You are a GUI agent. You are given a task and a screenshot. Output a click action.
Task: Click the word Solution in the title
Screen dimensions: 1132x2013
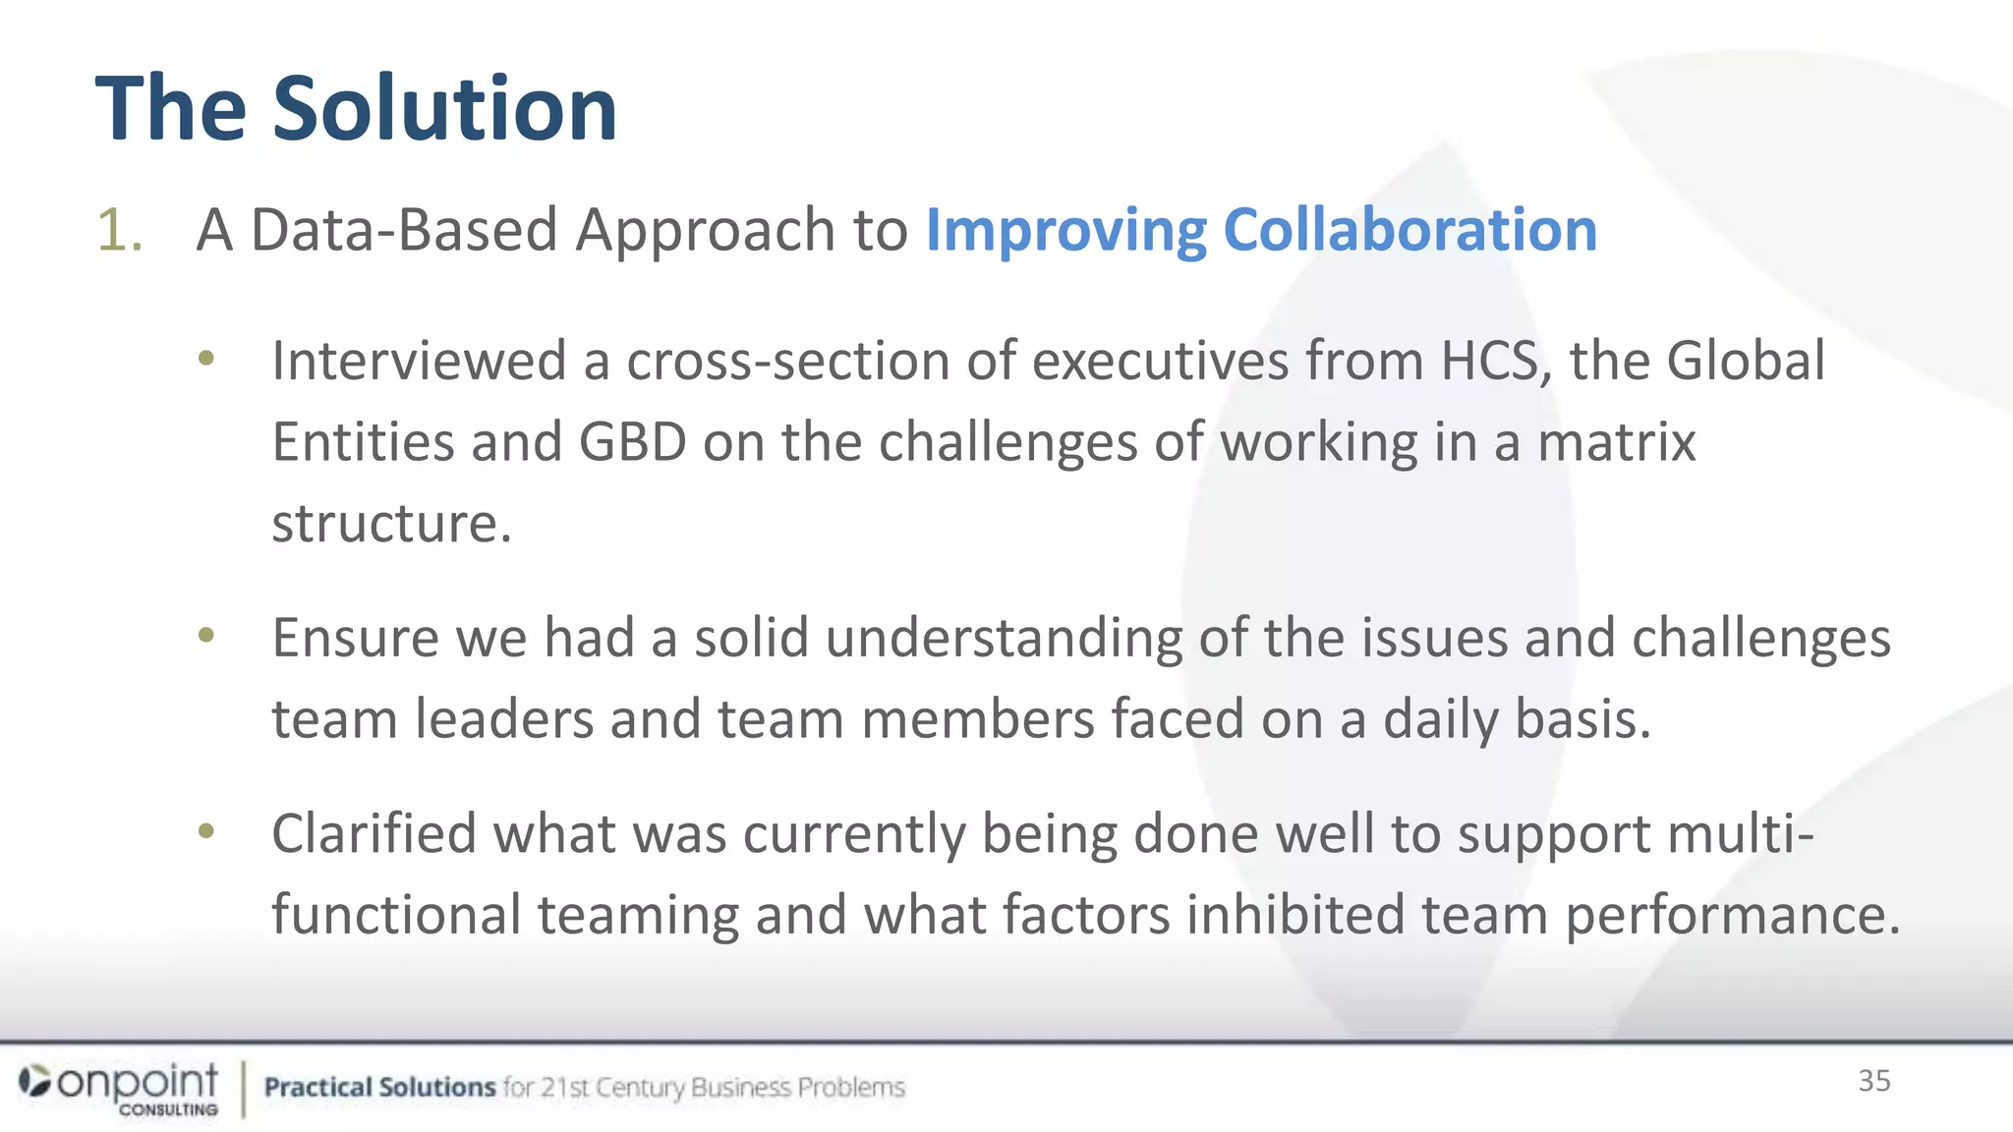tap(444, 108)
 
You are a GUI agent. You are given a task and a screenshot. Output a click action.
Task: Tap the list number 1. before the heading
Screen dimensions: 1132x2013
tap(120, 231)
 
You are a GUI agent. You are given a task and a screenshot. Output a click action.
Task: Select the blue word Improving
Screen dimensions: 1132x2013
tap(1065, 231)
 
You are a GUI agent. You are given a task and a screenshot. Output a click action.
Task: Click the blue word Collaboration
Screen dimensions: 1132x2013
tap(1409, 231)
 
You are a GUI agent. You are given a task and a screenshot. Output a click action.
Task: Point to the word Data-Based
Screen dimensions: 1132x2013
tap(404, 231)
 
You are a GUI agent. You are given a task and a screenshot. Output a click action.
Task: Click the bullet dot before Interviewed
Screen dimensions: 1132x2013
tap(205, 359)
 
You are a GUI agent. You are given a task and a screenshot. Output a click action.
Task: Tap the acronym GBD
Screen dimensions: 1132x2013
tap(632, 442)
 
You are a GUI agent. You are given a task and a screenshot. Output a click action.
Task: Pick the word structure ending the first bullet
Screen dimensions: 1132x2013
tap(390, 523)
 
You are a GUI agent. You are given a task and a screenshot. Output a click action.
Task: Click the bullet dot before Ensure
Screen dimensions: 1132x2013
tap(205, 636)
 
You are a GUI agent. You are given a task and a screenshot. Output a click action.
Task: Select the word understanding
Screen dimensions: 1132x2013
tap(1004, 639)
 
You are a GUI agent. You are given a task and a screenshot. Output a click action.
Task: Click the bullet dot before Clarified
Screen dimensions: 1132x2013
tap(205, 832)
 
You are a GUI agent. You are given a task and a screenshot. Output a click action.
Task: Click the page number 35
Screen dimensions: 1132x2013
tap(1873, 1081)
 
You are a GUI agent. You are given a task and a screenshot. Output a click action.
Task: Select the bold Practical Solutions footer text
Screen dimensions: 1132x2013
tap(379, 1087)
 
